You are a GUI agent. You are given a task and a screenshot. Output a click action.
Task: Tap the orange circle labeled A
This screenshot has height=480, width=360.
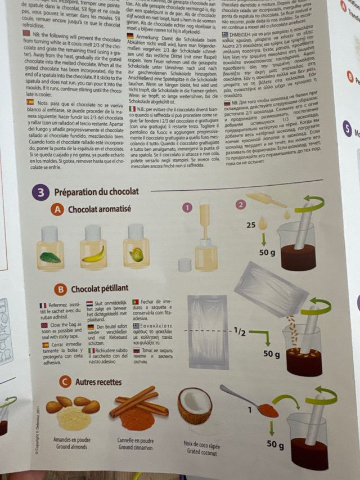click(x=57, y=210)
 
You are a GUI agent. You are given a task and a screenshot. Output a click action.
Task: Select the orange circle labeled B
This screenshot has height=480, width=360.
click(x=60, y=290)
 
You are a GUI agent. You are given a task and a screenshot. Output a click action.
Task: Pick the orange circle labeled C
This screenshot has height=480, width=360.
click(x=65, y=383)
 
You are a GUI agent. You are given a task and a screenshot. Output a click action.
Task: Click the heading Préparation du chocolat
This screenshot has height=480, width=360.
click(x=96, y=192)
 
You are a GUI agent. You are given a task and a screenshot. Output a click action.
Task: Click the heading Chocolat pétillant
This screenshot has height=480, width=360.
click(x=99, y=289)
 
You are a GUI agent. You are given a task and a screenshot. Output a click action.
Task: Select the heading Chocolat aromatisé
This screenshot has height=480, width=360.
click(x=99, y=209)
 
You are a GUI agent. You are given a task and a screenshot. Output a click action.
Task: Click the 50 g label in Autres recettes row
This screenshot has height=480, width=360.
click(x=275, y=445)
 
